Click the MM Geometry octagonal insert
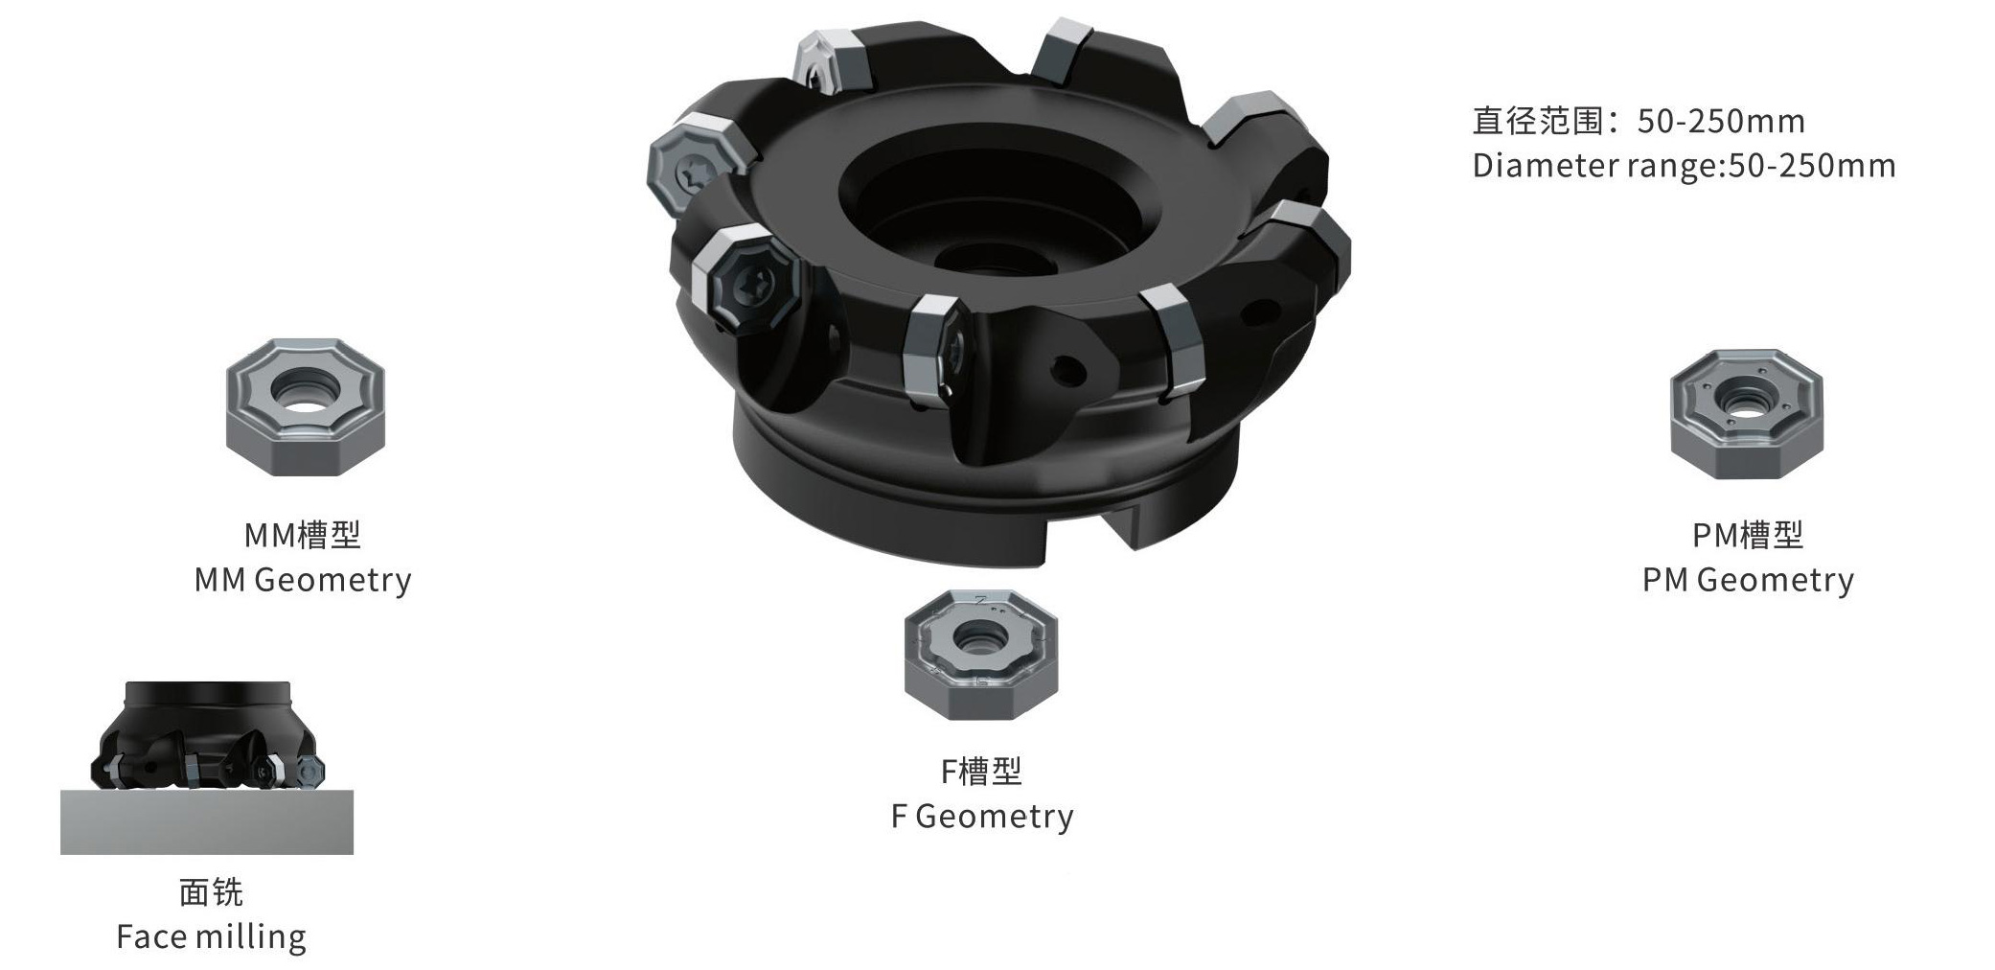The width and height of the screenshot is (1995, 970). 306,406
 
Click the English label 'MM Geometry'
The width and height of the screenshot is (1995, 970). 303,580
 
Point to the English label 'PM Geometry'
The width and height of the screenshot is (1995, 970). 1748,580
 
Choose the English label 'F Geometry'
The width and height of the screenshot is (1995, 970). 982,816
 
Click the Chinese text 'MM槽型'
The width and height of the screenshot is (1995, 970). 303,535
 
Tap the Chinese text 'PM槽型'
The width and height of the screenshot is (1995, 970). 1748,535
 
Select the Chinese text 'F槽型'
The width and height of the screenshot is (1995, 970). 981,771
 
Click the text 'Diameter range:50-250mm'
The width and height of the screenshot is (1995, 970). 1684,166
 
